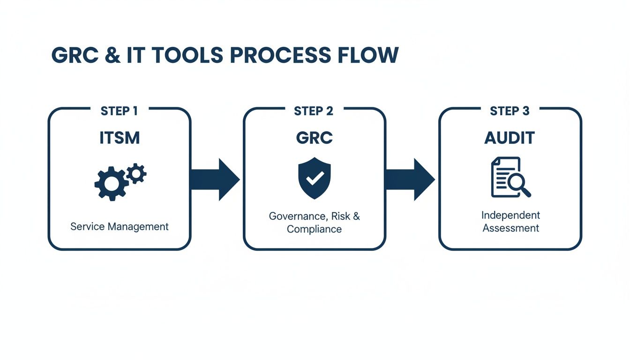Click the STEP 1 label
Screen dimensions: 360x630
[x=119, y=111]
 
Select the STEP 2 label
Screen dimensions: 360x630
[x=314, y=111]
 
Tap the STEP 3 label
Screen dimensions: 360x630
[x=510, y=111]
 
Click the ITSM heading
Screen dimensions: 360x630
[x=120, y=138]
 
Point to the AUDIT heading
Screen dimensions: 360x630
[x=510, y=138]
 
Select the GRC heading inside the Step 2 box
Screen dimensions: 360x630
[x=314, y=138]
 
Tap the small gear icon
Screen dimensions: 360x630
[x=136, y=173]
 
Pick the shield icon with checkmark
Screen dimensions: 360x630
[x=314, y=179]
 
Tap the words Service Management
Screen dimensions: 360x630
[x=119, y=227]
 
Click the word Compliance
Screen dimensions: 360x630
[x=314, y=229]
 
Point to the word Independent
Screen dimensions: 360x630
[x=510, y=215]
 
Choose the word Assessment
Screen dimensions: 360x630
[x=510, y=228]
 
